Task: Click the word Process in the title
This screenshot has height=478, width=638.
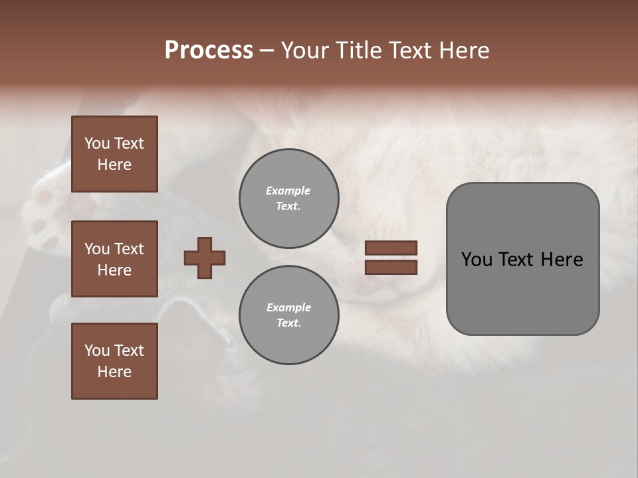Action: click(x=209, y=50)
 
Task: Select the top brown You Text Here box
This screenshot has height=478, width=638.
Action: click(x=114, y=154)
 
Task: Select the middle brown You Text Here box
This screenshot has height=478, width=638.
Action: click(x=114, y=259)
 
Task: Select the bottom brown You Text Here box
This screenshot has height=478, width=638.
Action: click(x=114, y=361)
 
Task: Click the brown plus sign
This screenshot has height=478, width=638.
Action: click(x=205, y=258)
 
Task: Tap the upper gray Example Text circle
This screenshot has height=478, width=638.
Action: click(x=288, y=199)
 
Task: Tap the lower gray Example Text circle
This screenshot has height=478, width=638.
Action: click(x=288, y=315)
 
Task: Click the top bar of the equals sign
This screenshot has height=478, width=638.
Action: click(x=391, y=248)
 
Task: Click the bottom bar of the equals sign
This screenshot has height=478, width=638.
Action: click(x=391, y=268)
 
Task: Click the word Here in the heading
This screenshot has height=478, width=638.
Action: click(x=463, y=50)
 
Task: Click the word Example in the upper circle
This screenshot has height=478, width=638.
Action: click(x=288, y=191)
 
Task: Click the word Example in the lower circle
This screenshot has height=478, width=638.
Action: click(x=288, y=307)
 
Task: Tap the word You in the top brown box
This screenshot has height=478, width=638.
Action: click(x=96, y=143)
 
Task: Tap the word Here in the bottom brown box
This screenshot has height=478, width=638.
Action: click(x=114, y=372)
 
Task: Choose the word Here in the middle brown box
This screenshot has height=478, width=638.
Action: click(x=114, y=270)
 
